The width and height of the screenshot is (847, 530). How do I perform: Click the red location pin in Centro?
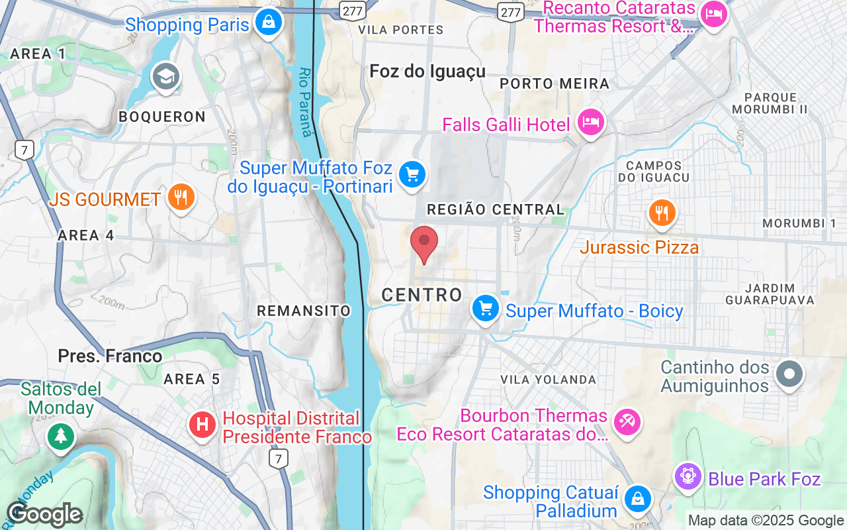(x=424, y=242)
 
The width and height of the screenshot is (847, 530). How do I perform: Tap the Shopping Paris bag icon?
(x=269, y=22)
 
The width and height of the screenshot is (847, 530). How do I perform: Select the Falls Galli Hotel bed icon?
(x=589, y=122)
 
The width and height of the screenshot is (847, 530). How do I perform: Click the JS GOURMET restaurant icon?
(x=179, y=197)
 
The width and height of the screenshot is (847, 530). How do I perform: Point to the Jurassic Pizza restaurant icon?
(x=661, y=213)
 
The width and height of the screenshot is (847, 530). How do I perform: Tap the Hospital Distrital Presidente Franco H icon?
(x=202, y=423)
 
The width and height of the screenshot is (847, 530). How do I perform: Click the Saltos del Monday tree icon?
(x=61, y=435)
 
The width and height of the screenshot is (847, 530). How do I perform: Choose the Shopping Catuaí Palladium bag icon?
(x=638, y=499)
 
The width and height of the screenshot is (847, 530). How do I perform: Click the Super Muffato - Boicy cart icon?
(x=486, y=308)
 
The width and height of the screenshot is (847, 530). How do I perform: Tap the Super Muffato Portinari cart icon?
(x=412, y=174)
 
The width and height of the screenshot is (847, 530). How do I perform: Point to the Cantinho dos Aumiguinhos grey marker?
(x=789, y=373)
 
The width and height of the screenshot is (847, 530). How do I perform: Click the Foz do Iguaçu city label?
(x=427, y=71)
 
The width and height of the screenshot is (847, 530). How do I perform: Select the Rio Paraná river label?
(x=305, y=102)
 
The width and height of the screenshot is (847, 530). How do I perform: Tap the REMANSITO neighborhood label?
(x=304, y=311)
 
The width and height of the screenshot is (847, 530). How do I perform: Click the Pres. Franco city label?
(x=110, y=356)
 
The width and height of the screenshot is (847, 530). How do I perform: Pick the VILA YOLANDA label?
(x=549, y=380)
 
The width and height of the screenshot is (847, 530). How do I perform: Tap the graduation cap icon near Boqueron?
(x=165, y=77)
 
